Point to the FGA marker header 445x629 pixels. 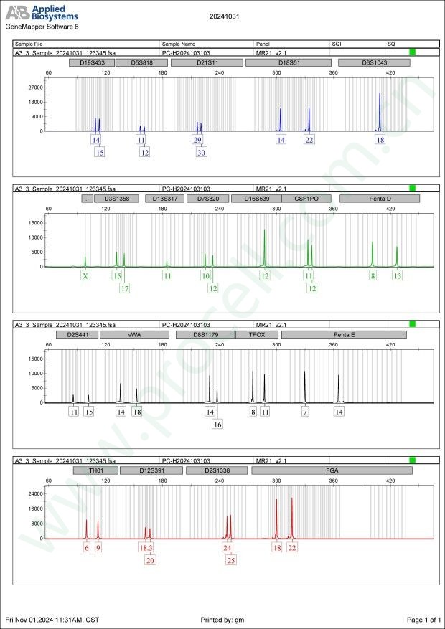click(x=332, y=470)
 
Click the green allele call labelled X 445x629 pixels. click(x=85, y=275)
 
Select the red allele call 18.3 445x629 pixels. click(x=146, y=547)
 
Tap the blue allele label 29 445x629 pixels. click(x=197, y=140)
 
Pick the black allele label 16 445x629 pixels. click(x=217, y=425)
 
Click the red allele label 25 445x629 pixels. click(x=231, y=560)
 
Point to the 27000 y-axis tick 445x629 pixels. click(x=34, y=88)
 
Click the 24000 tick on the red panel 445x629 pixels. click(x=34, y=494)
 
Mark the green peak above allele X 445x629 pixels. click(x=85, y=260)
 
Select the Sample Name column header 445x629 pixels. click(x=179, y=44)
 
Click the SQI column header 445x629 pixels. click(x=337, y=44)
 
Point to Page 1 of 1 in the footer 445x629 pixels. click(x=423, y=619)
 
